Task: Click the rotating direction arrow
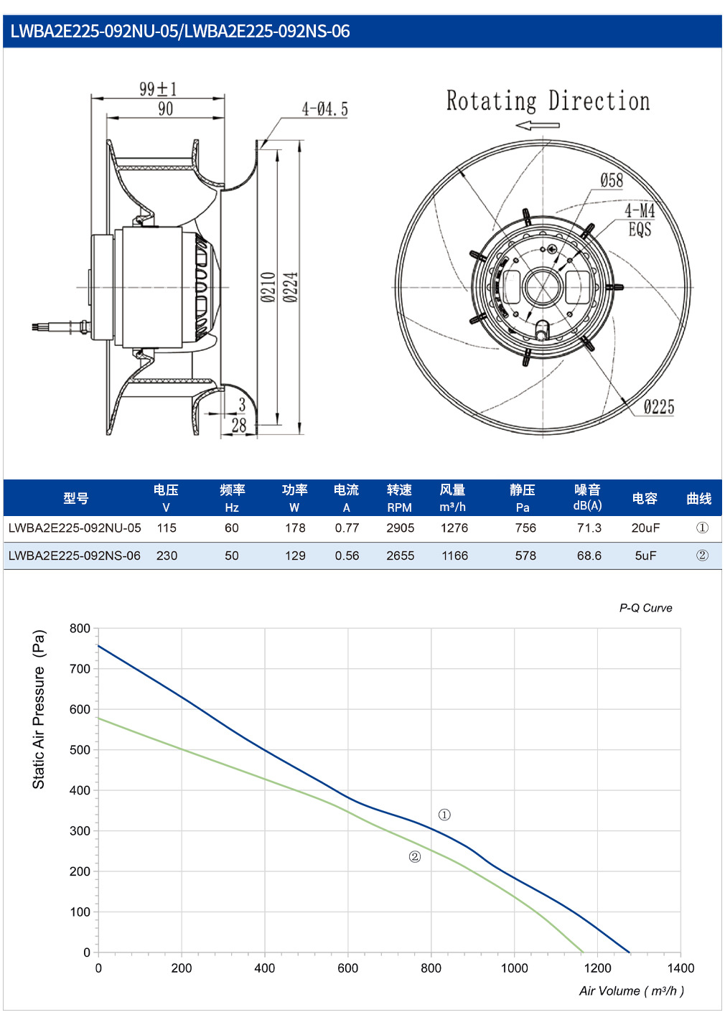(x=538, y=125)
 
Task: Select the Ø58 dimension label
(x=612, y=180)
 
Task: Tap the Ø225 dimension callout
(x=659, y=407)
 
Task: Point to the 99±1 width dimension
(x=158, y=89)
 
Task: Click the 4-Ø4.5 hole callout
(x=325, y=109)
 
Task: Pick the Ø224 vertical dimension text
(x=291, y=287)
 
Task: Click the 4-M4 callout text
(x=640, y=211)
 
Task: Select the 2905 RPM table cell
(x=400, y=528)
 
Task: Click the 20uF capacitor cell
(x=645, y=528)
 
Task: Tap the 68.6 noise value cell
(x=589, y=556)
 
